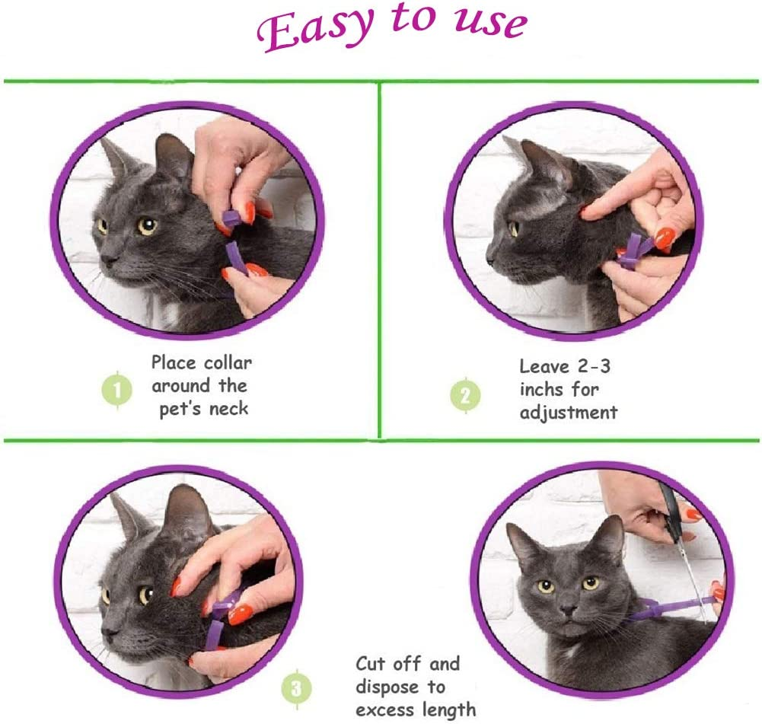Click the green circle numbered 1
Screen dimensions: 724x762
[117, 391]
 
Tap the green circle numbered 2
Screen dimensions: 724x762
[465, 395]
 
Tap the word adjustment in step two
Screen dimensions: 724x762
[569, 413]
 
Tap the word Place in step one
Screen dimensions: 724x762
[176, 363]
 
